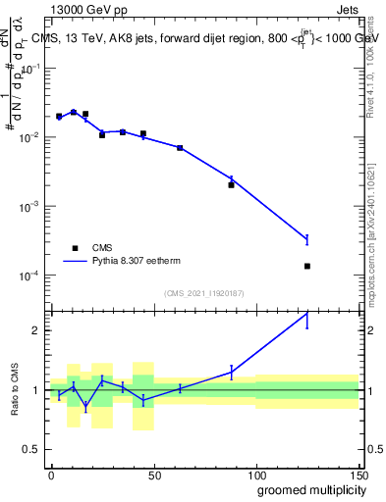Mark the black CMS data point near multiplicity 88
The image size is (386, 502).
[x=232, y=184]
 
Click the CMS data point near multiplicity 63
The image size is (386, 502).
[x=180, y=148]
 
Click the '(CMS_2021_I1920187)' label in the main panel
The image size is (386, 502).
[x=203, y=292]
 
